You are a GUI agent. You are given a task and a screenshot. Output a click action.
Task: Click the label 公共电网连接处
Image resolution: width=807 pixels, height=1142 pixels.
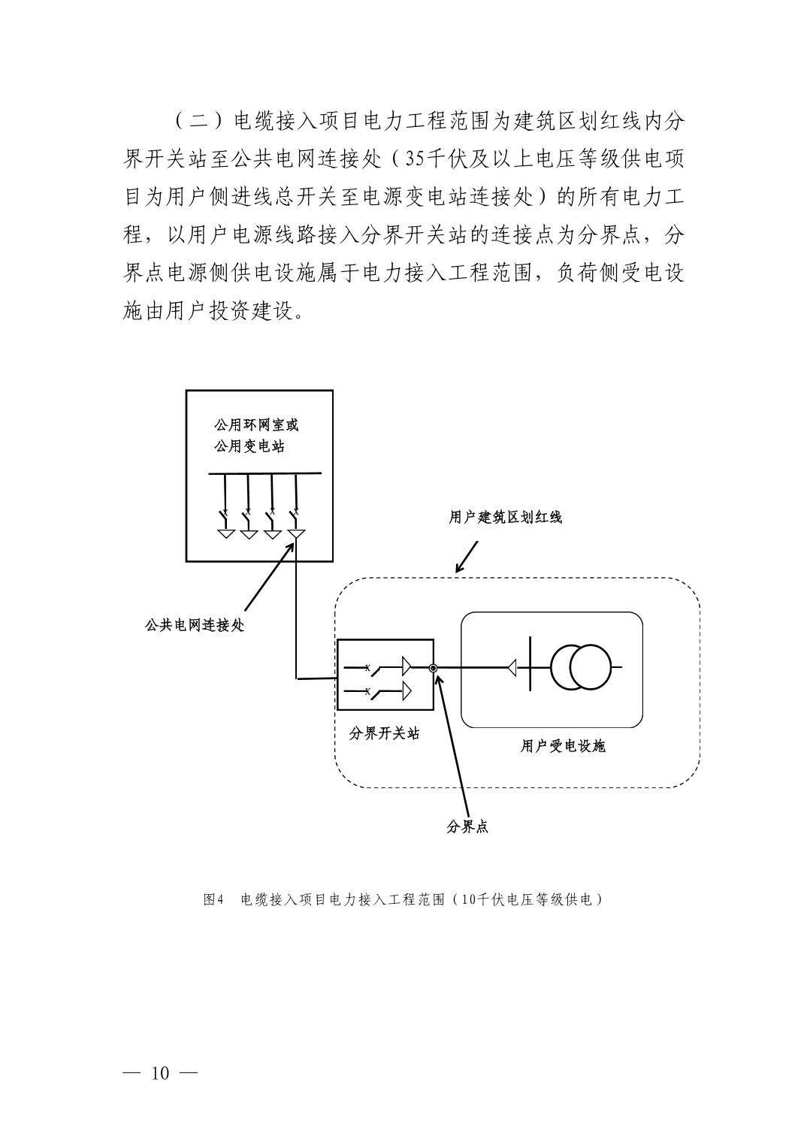(x=194, y=624)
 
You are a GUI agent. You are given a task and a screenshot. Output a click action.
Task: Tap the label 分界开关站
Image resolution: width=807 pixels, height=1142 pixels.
(x=384, y=733)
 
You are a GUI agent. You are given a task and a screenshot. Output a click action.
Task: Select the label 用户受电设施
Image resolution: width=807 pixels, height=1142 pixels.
(x=563, y=746)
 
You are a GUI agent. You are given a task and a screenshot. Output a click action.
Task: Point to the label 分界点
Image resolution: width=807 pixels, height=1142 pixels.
(x=467, y=826)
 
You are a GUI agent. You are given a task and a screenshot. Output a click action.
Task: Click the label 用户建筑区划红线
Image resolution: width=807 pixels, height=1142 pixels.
(x=505, y=517)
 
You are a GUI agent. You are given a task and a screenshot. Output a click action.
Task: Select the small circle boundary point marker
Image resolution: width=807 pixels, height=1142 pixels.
(x=433, y=667)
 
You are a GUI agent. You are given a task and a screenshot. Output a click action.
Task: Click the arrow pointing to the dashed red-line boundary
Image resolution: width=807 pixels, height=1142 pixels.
(x=466, y=557)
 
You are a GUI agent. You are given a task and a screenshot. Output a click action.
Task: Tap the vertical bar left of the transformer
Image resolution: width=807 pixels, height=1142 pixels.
(x=530, y=667)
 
